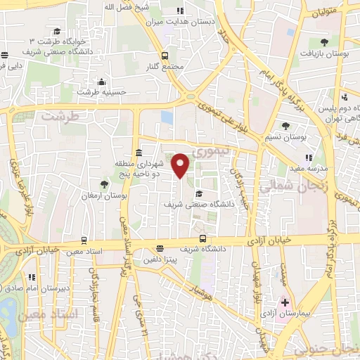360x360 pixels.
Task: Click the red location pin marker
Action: pos(181,165)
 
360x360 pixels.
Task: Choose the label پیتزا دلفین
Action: pos(160,260)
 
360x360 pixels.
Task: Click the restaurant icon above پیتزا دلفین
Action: pos(160,248)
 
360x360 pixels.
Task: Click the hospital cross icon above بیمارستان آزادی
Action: pos(285,302)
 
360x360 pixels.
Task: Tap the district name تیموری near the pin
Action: pos(208,150)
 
